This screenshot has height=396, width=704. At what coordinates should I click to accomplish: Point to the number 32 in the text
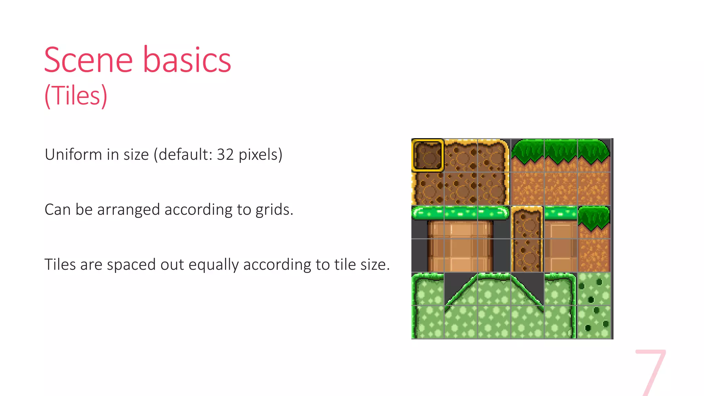[225, 154]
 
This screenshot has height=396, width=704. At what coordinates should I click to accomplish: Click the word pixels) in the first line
[261, 155]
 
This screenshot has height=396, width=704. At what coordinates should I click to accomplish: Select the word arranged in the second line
[129, 210]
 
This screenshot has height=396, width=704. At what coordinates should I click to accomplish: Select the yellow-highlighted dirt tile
[427, 155]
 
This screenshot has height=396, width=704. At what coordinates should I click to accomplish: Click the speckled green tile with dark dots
[594, 305]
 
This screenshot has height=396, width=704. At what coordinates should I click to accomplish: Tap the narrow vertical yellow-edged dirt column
[527, 239]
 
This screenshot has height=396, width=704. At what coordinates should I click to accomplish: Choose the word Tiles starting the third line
[60, 264]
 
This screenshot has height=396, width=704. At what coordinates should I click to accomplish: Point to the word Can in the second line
[57, 209]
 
